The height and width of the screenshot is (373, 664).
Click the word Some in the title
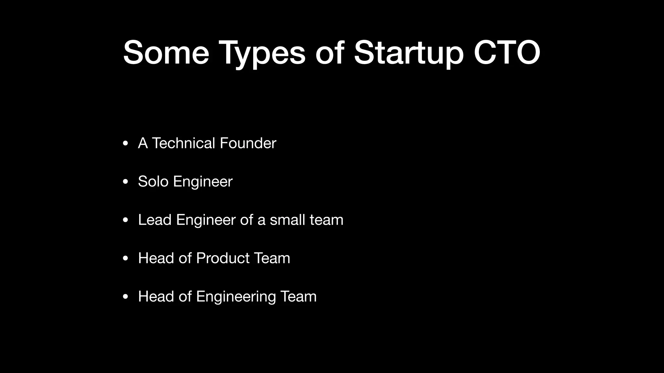(x=166, y=52)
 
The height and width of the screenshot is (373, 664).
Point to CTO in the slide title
(x=507, y=52)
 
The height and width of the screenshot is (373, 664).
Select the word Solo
(x=153, y=181)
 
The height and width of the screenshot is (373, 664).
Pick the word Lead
(x=155, y=220)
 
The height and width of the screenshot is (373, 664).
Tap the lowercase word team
(x=326, y=220)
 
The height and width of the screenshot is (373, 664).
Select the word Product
(x=223, y=258)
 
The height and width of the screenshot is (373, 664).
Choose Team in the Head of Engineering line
(x=298, y=297)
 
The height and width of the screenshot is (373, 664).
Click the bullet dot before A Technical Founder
(x=125, y=143)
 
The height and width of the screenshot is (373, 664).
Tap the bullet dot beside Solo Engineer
(x=125, y=182)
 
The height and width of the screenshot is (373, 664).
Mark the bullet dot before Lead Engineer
(x=125, y=220)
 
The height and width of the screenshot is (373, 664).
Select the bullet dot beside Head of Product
(x=125, y=258)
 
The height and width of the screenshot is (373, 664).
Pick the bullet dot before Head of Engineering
(x=125, y=297)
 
